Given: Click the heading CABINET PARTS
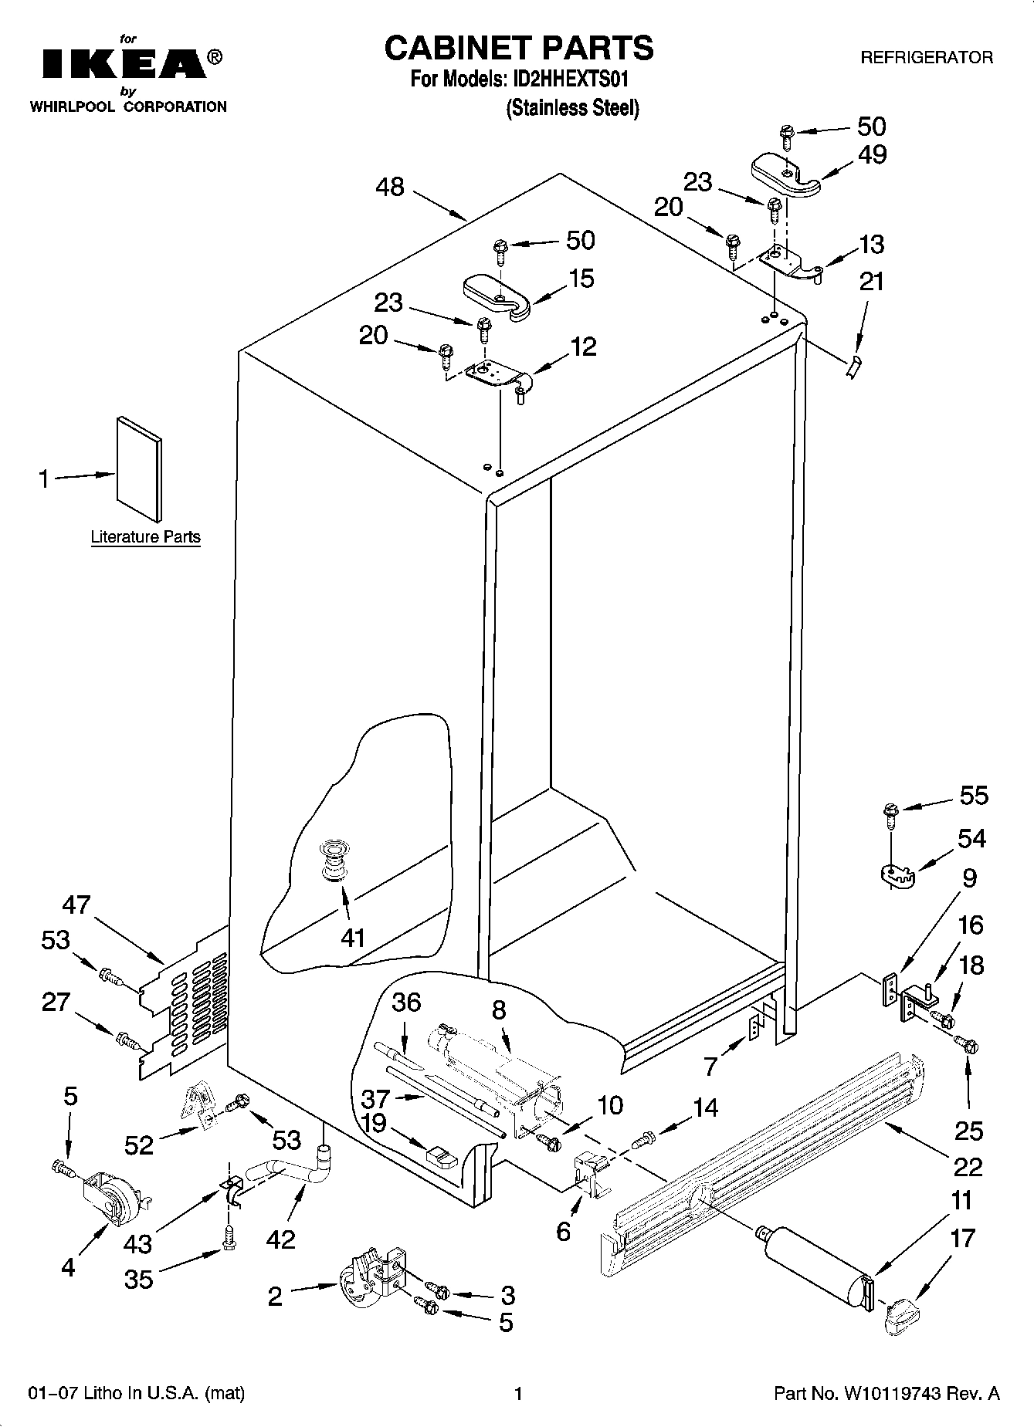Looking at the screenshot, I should pos(519,48).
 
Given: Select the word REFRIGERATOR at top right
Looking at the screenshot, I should pos(926,58).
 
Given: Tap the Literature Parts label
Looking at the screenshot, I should pos(145,537).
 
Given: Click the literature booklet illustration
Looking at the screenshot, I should pos(139,468).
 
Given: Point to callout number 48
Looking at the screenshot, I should pos(391,187).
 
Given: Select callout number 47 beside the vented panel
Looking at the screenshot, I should pos(76,905).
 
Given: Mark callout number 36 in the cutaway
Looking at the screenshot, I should pos(406,1003).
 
